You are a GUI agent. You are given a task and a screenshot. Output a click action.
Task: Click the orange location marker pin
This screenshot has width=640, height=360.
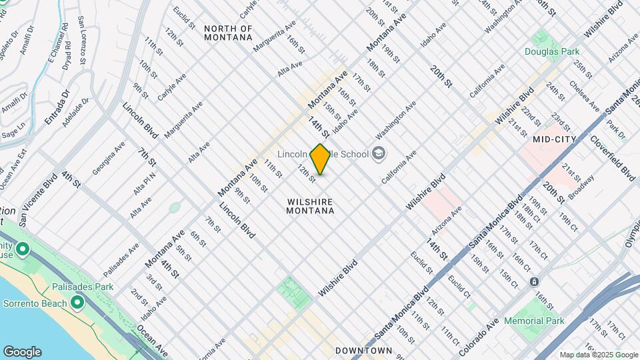[x=321, y=159]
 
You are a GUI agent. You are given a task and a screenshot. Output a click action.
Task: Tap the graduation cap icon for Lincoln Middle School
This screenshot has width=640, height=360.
[x=379, y=154]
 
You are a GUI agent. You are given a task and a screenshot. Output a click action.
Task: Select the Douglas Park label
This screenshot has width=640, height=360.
[x=551, y=51]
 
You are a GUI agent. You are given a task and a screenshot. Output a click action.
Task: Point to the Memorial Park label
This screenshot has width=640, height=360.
[x=534, y=321]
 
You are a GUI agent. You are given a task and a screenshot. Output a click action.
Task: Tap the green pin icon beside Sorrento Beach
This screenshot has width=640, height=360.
[x=77, y=303]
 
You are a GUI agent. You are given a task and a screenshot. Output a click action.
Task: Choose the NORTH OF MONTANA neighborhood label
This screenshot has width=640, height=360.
[x=228, y=33]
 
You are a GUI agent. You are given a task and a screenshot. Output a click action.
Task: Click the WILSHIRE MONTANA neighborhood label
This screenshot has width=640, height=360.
[x=310, y=205]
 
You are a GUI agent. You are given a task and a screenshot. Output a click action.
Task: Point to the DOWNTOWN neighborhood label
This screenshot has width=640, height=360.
[x=363, y=350]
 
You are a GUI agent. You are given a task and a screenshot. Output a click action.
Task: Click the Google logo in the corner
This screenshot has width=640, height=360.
[x=22, y=351]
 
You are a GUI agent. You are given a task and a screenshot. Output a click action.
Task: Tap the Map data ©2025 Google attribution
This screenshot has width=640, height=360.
[x=599, y=355]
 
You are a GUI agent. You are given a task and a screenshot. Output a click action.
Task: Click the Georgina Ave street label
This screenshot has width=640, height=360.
[x=107, y=159]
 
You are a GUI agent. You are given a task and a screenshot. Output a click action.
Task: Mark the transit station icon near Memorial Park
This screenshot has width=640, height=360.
[x=534, y=281]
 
